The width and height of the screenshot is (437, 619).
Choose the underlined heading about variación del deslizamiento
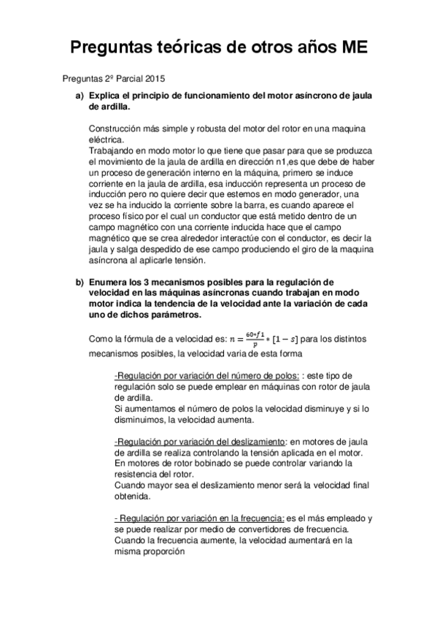tap(201, 442)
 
